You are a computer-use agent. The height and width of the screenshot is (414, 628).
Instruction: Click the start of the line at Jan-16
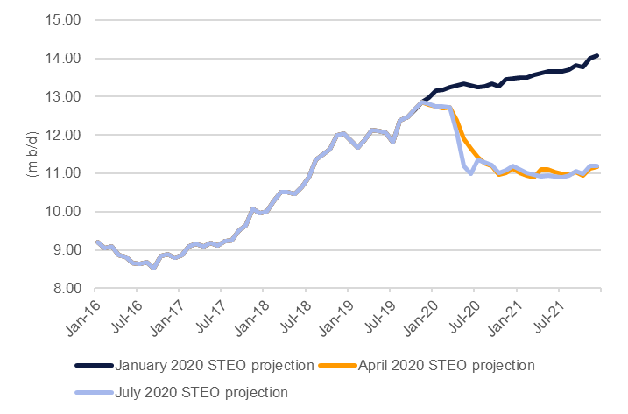[96, 242]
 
